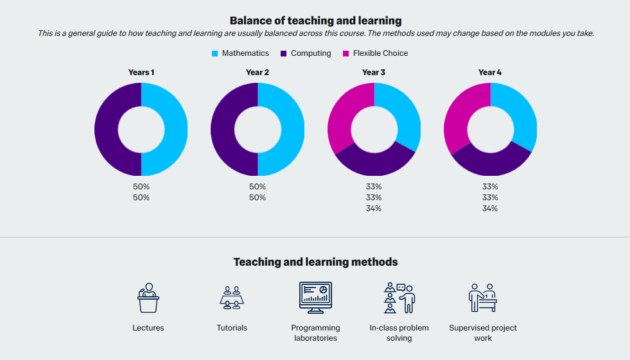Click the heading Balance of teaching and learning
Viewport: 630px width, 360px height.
pyautogui.click(x=315, y=21)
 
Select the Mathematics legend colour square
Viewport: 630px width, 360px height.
pyautogui.click(x=215, y=53)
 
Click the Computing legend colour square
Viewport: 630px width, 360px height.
pyautogui.click(x=284, y=53)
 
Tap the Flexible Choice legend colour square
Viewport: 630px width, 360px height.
pyautogui.click(x=346, y=53)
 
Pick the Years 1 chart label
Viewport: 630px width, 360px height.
pyautogui.click(x=141, y=73)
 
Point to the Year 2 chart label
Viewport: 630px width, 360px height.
pyautogui.click(x=258, y=73)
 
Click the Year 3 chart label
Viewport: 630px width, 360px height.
pyautogui.click(x=374, y=73)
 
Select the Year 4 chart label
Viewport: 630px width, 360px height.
pyautogui.click(x=490, y=73)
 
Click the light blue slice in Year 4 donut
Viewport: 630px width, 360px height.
pyautogui.click(x=521, y=116)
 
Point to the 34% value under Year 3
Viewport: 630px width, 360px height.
pyautogui.click(x=374, y=209)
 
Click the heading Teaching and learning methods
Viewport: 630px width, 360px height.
pyautogui.click(x=315, y=262)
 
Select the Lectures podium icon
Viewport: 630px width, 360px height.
pyautogui.click(x=148, y=298)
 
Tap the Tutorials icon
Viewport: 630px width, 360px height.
pyautogui.click(x=232, y=298)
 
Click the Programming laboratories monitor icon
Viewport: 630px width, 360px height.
pyautogui.click(x=315, y=298)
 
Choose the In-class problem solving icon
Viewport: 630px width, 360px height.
pyautogui.click(x=399, y=298)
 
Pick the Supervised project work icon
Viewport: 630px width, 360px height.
pyautogui.click(x=482, y=298)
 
